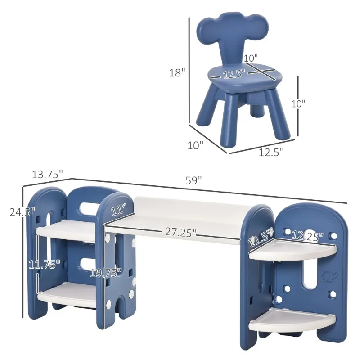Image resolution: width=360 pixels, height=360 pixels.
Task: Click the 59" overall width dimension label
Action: pos(193,180)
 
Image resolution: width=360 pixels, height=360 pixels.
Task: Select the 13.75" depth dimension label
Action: pos(47,175)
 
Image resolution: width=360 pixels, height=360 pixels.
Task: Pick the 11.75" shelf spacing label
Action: pos(44,264)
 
